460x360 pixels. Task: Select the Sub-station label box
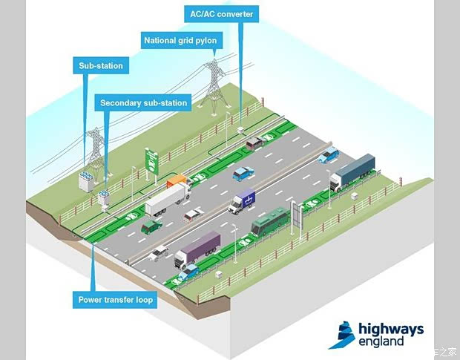point(101,66)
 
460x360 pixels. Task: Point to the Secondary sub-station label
point(144,102)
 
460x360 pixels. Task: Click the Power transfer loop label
point(116,301)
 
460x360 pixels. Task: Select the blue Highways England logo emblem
point(341,335)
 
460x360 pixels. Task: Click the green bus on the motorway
point(269,220)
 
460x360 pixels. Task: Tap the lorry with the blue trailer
point(352,172)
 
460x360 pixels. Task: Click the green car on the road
point(152,225)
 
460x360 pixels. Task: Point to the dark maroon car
point(254,142)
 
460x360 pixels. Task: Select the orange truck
point(178,180)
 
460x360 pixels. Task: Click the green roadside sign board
point(152,160)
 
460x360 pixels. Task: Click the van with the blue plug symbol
point(243,200)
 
